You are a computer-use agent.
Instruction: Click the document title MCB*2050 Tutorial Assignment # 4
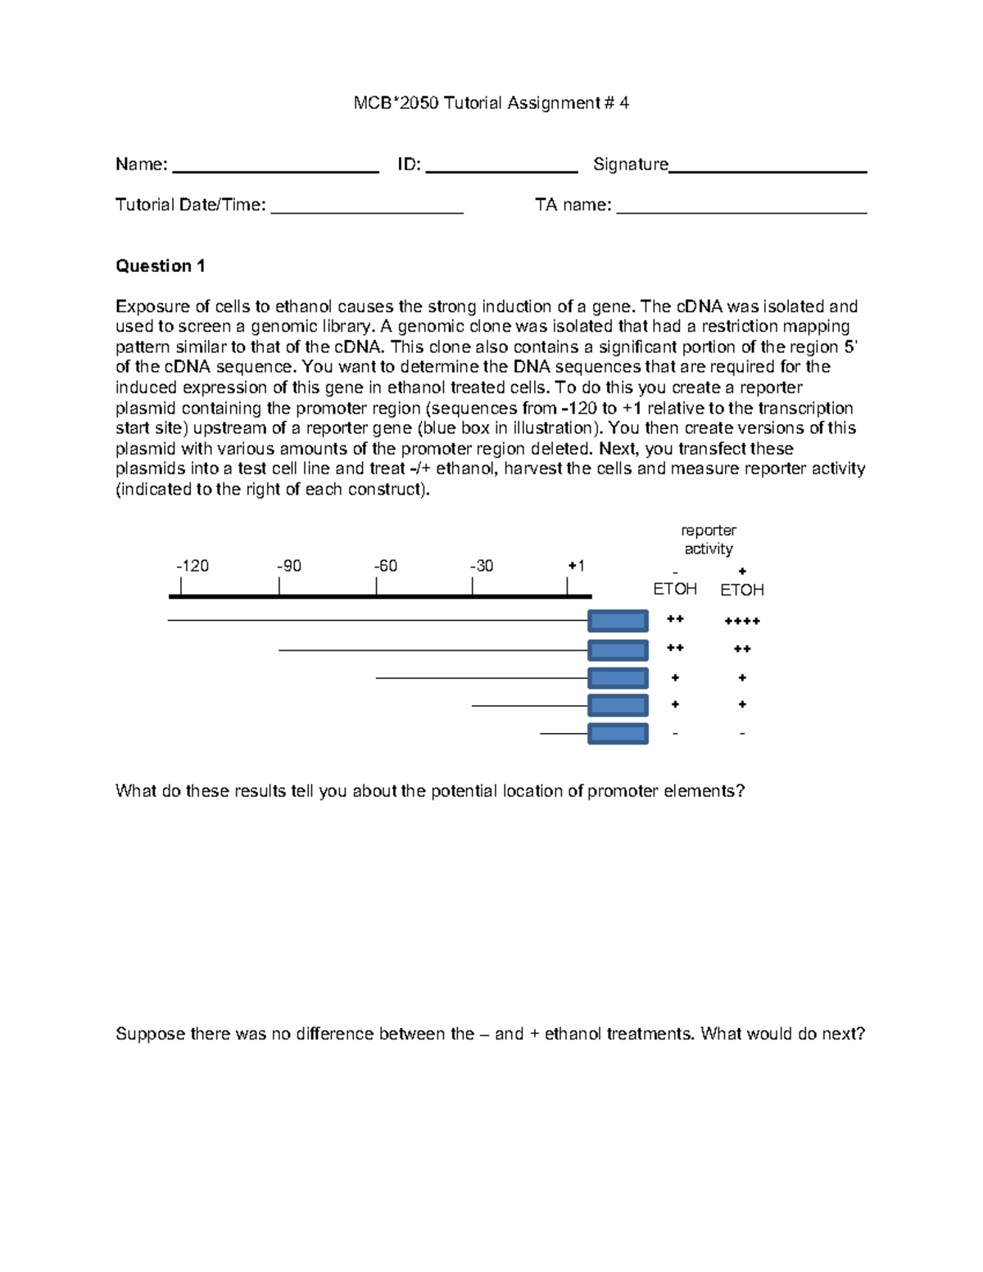coord(491,103)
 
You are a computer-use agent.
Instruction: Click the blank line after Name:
coord(275,170)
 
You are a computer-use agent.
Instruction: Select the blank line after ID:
coord(501,170)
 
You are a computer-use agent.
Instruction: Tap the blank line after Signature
coord(768,170)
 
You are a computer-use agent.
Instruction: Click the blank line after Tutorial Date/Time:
coord(367,211)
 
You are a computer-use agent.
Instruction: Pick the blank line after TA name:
coord(741,211)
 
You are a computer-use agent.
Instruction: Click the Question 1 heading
coord(160,266)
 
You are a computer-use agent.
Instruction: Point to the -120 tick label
coord(193,566)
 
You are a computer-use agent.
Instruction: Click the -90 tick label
coord(289,566)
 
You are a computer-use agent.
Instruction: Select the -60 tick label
coord(386,566)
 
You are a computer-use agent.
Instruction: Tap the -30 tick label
coord(482,566)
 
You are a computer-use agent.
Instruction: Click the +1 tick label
coord(576,566)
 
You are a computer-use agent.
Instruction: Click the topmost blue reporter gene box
coord(618,621)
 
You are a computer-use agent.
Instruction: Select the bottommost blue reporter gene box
coord(618,734)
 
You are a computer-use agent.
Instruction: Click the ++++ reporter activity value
coord(742,622)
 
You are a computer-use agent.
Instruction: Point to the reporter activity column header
coord(709,540)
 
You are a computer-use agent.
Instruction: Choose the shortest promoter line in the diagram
coord(564,734)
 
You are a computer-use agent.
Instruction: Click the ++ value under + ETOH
coord(742,650)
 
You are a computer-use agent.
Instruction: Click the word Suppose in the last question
coord(150,1034)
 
